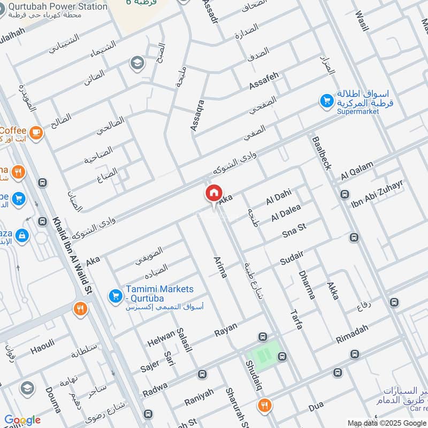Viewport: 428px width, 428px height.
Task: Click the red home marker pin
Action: pyautogui.click(x=213, y=193)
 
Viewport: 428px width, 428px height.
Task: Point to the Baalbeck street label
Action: pyautogui.click(x=320, y=152)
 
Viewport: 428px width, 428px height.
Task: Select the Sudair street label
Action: pyautogui.click(x=292, y=257)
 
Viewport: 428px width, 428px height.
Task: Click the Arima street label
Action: pyautogui.click(x=220, y=267)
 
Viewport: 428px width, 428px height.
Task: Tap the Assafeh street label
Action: pyautogui.click(x=264, y=81)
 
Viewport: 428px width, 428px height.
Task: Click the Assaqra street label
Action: pyautogui.click(x=197, y=114)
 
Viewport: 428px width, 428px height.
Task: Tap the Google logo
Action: pyautogui.click(x=22, y=420)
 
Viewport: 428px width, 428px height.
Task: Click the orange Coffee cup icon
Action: pyautogui.click(x=36, y=132)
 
